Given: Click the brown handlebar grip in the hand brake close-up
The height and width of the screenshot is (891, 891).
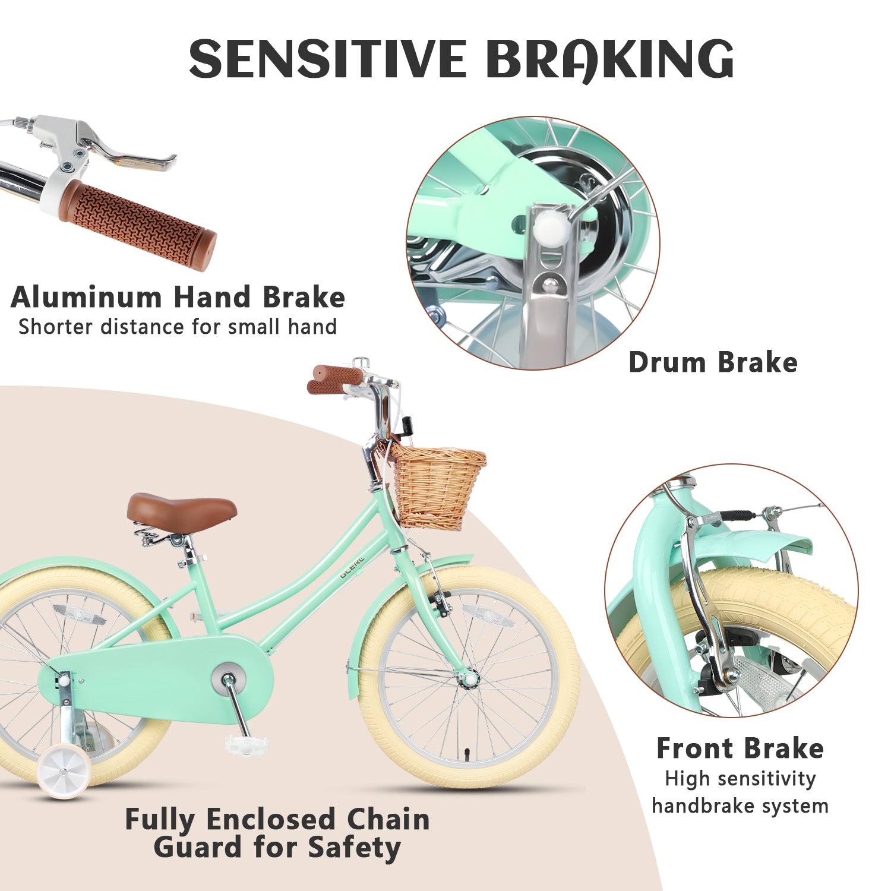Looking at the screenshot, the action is [138, 225].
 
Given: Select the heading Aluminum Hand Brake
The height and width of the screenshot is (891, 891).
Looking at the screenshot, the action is [178, 297].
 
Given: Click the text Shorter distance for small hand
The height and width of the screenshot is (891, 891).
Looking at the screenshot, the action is [178, 327].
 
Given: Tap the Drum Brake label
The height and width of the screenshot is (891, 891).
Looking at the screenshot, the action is [713, 362].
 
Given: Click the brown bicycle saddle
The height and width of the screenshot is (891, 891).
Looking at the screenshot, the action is [181, 511].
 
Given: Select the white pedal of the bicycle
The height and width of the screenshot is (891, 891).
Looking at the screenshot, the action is [247, 743].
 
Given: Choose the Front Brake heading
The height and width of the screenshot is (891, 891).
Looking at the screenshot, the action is [740, 748].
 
